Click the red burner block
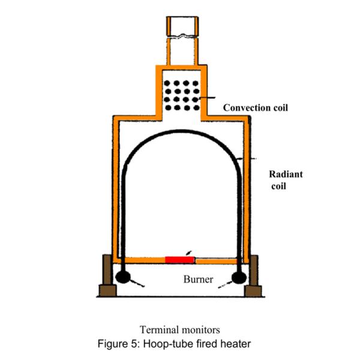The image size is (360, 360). click(179, 259)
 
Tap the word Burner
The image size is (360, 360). click(198, 280)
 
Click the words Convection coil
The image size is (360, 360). click(256, 108)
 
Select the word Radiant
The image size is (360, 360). click(286, 175)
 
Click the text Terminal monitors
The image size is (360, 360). click(179, 329)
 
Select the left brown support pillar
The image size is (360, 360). click(107, 270)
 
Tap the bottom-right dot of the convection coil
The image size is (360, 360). click(196, 108)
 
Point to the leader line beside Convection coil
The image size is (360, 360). click(211, 98)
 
